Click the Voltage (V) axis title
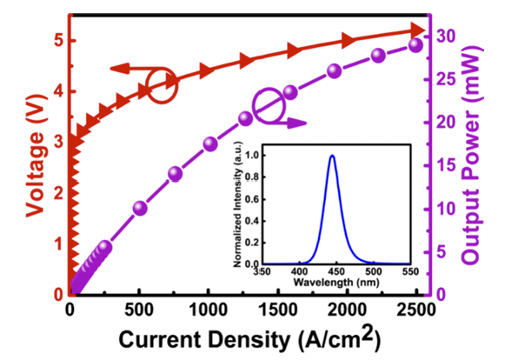pos(36,156)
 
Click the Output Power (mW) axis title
pos(470,156)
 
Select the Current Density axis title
pos(249,338)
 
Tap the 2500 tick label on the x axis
pos(416,310)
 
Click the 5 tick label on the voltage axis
pos(58,41)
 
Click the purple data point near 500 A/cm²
pos(140,209)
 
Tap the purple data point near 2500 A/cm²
pos(416,45)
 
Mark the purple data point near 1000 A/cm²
pos(210,144)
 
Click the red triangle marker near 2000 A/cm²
pos(349,41)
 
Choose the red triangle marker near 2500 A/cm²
pos(417,30)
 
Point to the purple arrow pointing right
pos(288,123)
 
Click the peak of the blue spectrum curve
pos(332,155)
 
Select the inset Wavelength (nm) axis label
pos(336,282)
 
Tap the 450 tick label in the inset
pos(336,271)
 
